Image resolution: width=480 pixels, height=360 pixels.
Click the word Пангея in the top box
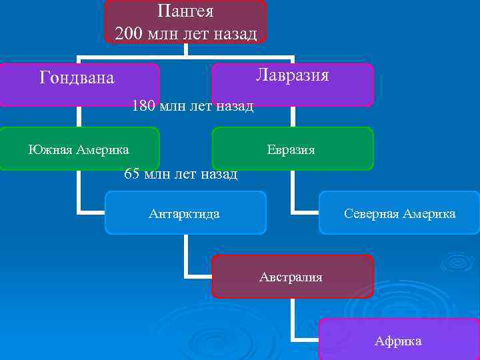point(185,11)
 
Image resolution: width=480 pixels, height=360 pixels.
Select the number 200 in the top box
point(129,33)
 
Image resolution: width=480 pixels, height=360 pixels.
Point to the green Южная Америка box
point(79,148)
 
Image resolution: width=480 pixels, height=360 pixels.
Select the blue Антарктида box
point(185,213)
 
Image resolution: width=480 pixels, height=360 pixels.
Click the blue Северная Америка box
point(399,213)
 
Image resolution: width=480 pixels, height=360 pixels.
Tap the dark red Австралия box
point(292,277)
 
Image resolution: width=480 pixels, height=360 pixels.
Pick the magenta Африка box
point(399,340)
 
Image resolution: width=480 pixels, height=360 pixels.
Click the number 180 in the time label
point(145,105)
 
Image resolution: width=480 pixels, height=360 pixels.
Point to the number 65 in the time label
point(132,175)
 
